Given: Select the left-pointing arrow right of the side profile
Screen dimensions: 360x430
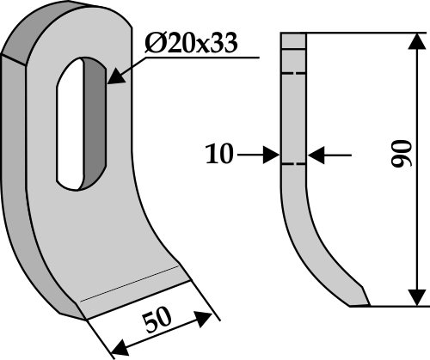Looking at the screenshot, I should [x=316, y=156].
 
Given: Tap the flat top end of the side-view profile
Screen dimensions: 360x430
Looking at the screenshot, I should [x=292, y=34].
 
